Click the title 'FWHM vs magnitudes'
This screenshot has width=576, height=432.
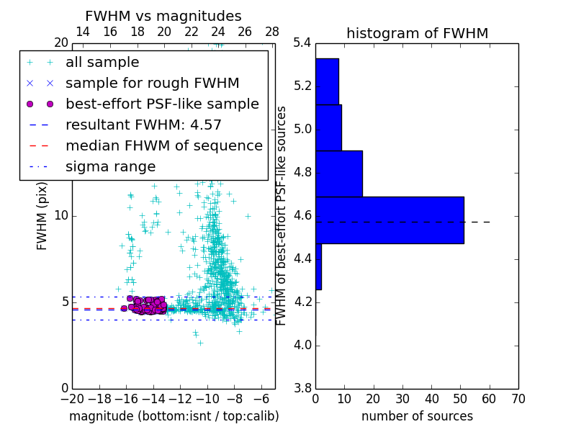163,17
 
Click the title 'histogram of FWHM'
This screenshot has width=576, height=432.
417,33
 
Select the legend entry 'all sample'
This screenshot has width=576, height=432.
102,63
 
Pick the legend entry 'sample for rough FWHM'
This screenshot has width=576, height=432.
152,83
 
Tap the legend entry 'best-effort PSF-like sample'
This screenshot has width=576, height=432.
162,104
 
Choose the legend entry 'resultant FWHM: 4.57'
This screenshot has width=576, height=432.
143,125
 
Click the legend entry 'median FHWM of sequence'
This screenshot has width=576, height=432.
163,145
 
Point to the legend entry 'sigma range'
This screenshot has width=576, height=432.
110,166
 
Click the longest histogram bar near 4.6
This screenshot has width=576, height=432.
390,220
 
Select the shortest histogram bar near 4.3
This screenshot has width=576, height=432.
318,266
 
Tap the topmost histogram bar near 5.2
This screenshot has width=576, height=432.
327,81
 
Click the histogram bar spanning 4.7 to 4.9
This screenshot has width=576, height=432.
338,174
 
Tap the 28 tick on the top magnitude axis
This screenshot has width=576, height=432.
272,32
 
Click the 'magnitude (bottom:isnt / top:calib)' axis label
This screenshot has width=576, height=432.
174,416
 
